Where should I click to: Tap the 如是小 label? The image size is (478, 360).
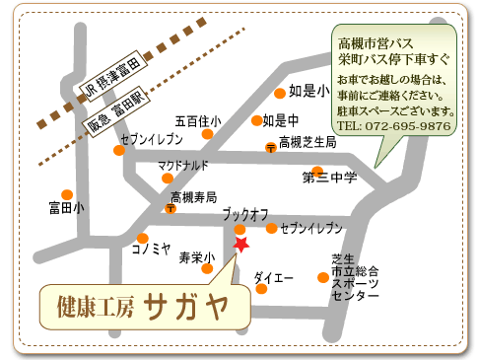(x=308, y=92)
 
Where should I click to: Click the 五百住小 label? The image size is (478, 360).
(x=197, y=121)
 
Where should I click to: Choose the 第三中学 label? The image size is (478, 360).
(x=329, y=178)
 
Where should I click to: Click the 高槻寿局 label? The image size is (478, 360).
(x=193, y=197)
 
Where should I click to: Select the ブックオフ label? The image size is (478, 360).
(x=245, y=213)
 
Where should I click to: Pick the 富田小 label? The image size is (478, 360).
(x=66, y=208)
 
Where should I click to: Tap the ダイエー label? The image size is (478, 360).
(x=274, y=279)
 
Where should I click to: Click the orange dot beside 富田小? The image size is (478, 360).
(x=66, y=193)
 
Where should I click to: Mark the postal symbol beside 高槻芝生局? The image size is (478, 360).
(x=270, y=147)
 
